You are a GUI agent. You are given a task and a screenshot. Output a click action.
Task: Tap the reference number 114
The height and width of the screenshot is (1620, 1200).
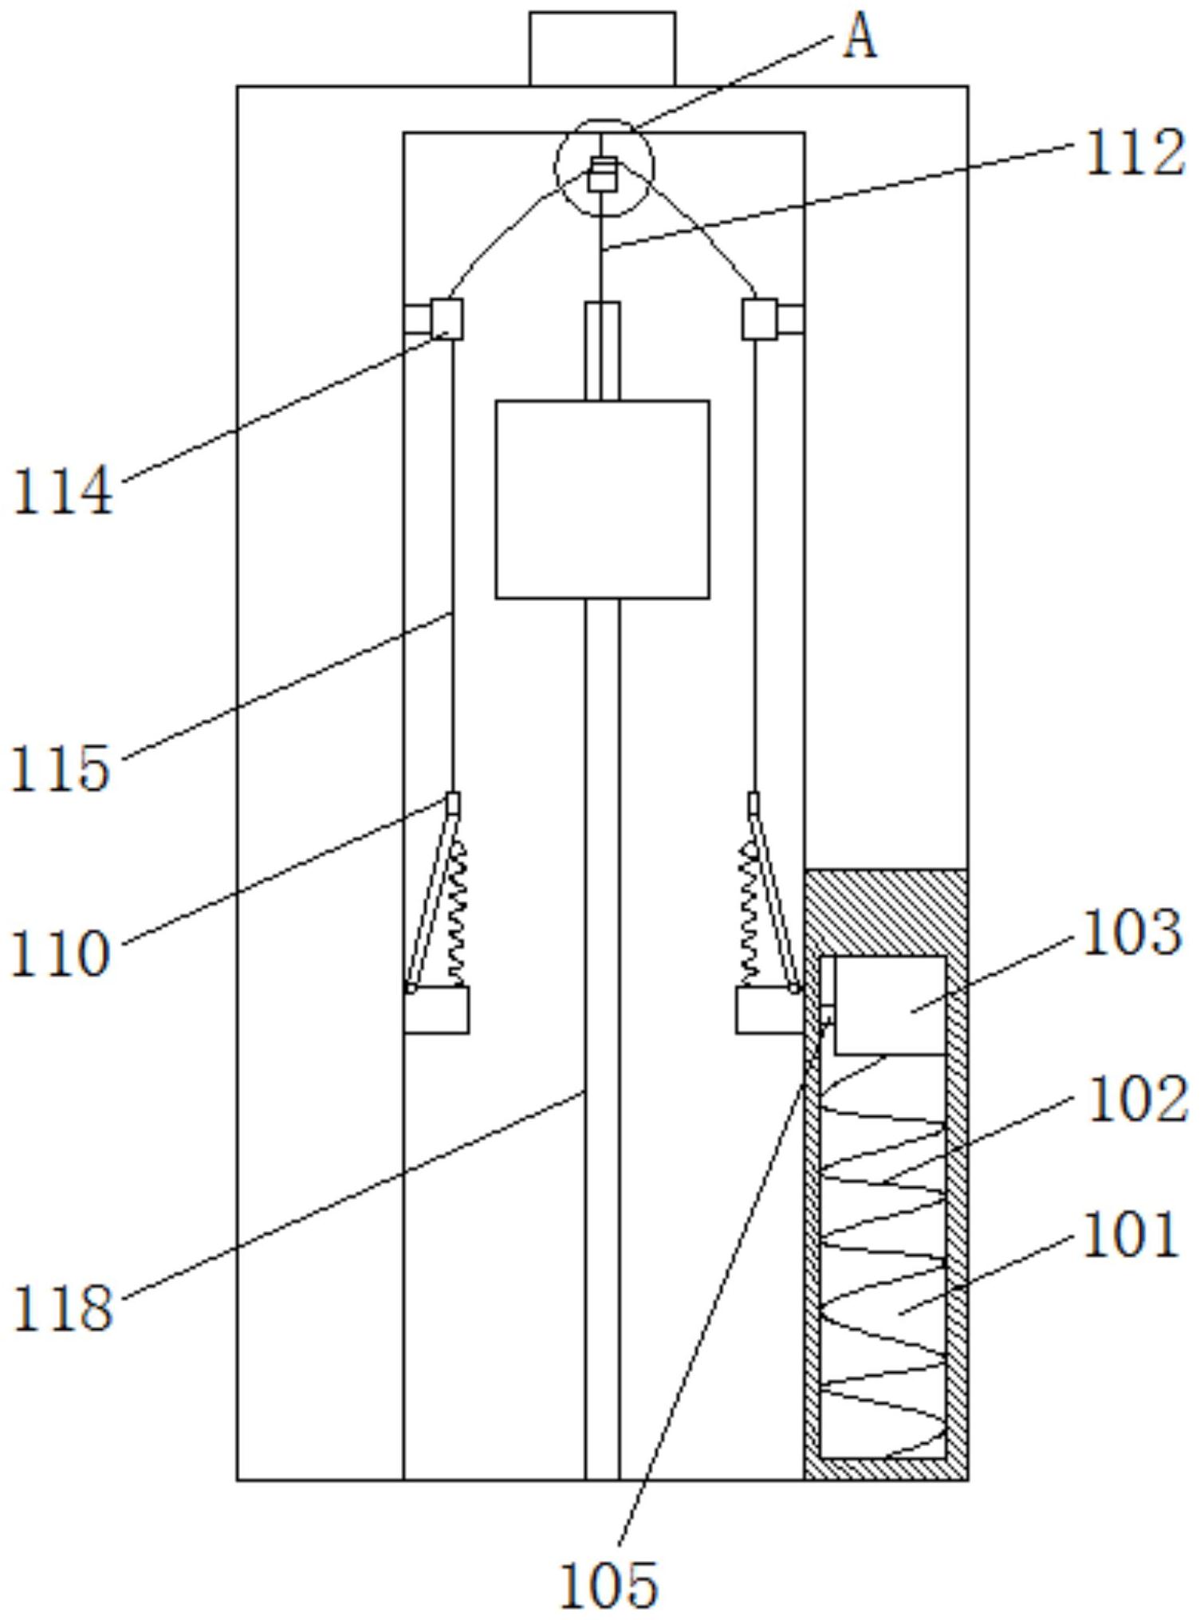pyautogui.click(x=63, y=492)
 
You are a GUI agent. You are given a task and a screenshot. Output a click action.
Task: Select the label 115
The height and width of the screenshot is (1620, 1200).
pyautogui.click(x=61, y=769)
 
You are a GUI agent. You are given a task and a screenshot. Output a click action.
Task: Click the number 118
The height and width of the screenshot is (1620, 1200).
pyautogui.click(x=63, y=1308)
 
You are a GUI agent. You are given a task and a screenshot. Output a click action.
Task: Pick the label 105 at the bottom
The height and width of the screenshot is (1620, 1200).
pyautogui.click(x=609, y=1584)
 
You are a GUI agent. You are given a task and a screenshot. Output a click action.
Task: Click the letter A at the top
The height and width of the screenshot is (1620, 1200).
pyautogui.click(x=860, y=38)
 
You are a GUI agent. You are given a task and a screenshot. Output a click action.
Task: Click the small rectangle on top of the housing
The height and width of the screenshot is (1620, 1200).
pyautogui.click(x=603, y=49)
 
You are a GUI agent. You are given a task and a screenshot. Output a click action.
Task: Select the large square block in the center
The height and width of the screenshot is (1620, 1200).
pyautogui.click(x=602, y=500)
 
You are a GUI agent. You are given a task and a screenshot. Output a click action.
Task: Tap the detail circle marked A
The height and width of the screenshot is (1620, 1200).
pyautogui.click(x=604, y=167)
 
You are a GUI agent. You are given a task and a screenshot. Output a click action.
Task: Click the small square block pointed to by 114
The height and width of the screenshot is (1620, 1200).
pyautogui.click(x=447, y=320)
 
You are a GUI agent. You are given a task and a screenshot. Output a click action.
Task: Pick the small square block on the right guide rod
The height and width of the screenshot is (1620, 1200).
pyautogui.click(x=760, y=320)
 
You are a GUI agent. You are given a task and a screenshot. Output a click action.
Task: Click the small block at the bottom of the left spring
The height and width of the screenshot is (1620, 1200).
pyautogui.click(x=436, y=1010)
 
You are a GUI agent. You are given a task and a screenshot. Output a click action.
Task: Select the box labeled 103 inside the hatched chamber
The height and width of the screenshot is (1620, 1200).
pyautogui.click(x=889, y=1005)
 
